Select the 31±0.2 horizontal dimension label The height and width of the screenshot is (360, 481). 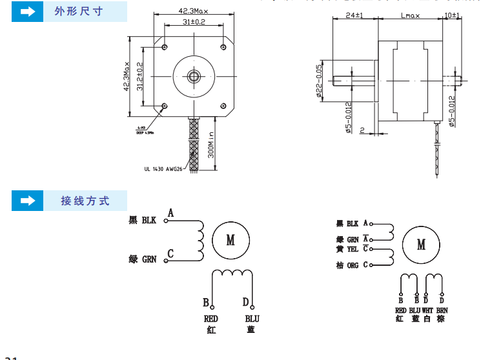193,22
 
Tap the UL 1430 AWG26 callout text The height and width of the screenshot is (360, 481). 164,169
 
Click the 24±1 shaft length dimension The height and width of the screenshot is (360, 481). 354,14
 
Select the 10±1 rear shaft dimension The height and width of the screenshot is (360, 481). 451,14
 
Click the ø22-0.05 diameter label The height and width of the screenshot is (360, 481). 319,81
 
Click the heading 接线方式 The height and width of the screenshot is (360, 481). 85,201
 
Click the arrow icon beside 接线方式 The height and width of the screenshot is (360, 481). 27,201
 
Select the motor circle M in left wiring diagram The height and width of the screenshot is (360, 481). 230,240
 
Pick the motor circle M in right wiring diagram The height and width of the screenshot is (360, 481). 421,245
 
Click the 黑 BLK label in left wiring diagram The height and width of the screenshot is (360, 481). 143,220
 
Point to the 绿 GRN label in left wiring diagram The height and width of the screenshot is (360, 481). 143,259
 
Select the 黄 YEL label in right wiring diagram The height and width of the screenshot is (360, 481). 347,248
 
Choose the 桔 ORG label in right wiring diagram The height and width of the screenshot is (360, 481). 347,265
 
